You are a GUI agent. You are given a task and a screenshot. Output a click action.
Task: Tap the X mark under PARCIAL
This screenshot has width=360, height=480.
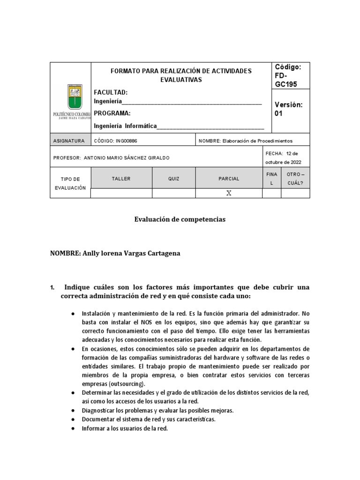pyautogui.click(x=229, y=193)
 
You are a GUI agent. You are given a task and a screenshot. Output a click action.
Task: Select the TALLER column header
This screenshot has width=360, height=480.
pyautogui.click(x=121, y=179)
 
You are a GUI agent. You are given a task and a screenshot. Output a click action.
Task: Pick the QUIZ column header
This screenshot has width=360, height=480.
pyautogui.click(x=173, y=179)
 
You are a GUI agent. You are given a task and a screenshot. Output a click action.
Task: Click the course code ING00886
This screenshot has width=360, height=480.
pyautogui.click(x=116, y=141)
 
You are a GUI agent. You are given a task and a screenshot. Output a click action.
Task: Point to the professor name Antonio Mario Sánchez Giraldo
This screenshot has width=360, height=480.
pyautogui.click(x=126, y=158)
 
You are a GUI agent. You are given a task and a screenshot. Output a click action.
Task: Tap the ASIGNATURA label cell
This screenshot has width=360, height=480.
pyautogui.click(x=69, y=141)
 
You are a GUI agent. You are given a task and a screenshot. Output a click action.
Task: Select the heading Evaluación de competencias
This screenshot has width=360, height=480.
pyautogui.click(x=180, y=219)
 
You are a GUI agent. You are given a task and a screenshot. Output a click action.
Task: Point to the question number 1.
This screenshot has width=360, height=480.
pyautogui.click(x=52, y=287)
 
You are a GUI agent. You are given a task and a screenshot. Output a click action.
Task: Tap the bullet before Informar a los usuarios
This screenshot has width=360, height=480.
pyautogui.click(x=73, y=428)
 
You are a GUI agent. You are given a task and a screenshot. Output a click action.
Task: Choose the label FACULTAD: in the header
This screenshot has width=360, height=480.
pyautogui.click(x=111, y=92)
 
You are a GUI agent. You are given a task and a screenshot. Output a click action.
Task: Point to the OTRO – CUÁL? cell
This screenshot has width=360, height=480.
pyautogui.click(x=295, y=179)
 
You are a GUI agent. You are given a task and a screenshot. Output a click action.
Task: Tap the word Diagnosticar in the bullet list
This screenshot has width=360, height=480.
pyautogui.click(x=99, y=410)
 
